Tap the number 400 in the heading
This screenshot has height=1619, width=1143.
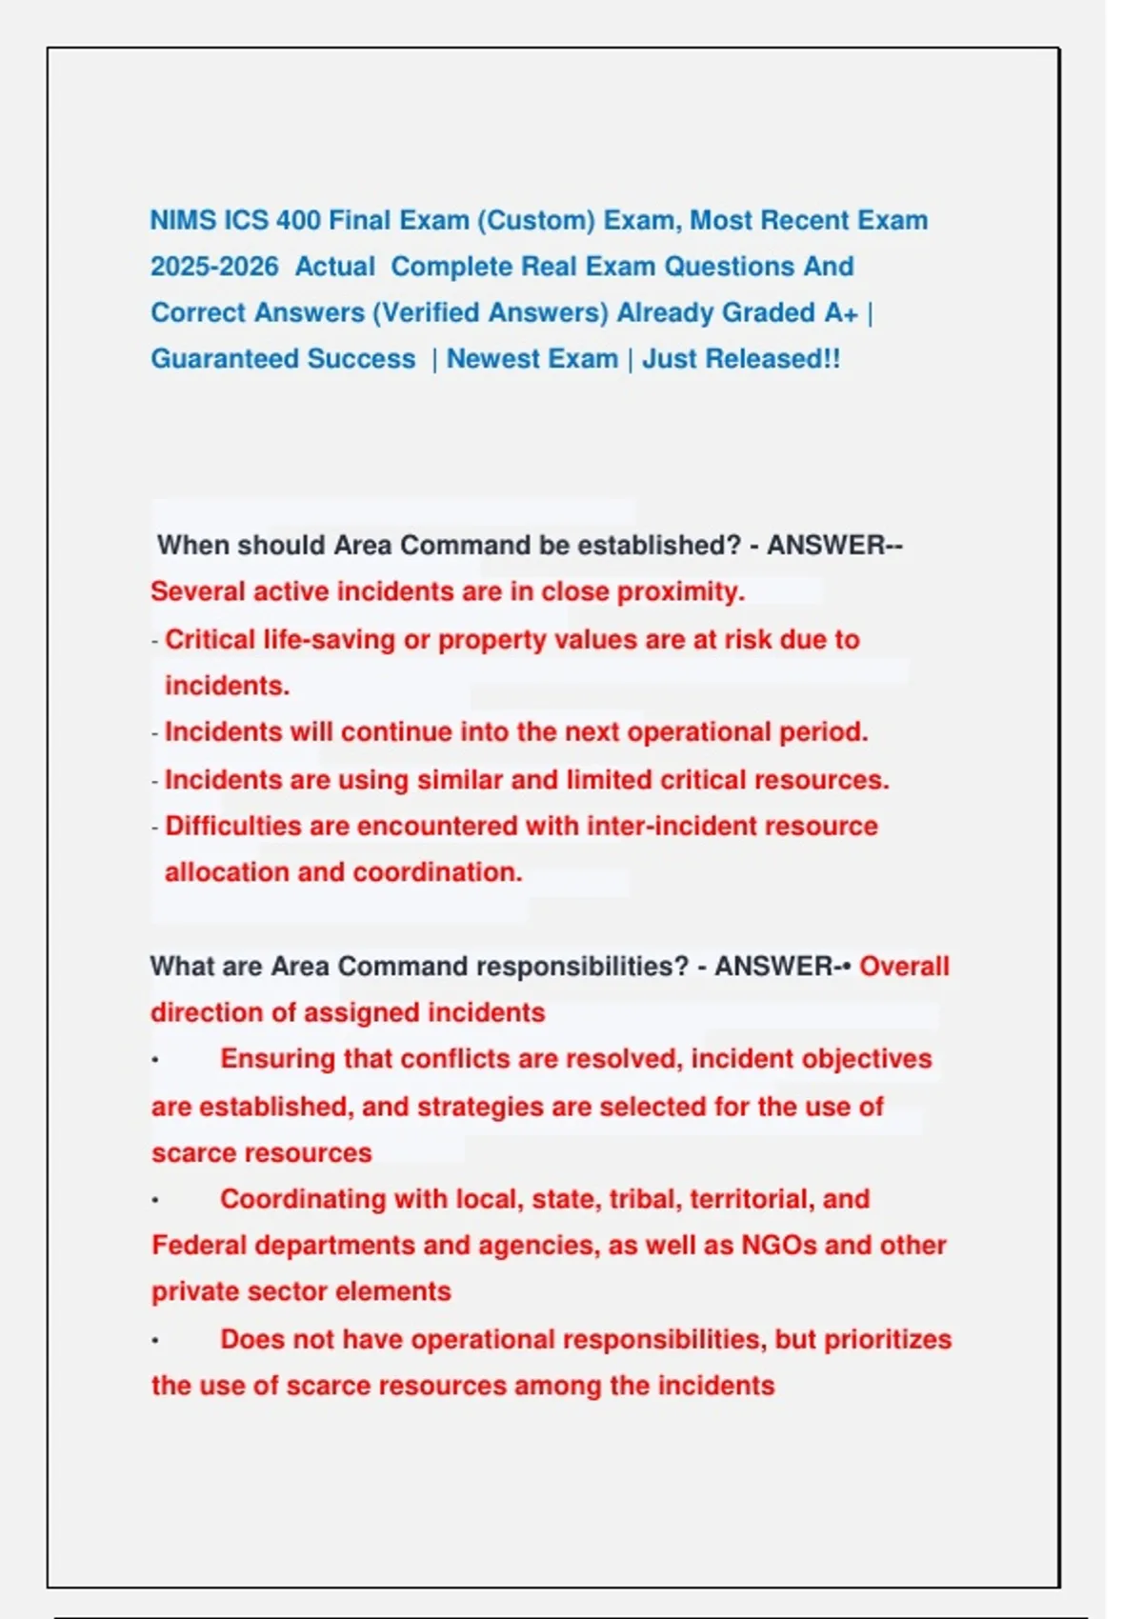(298, 221)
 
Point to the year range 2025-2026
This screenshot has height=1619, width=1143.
(214, 267)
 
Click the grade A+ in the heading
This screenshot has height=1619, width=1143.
(841, 313)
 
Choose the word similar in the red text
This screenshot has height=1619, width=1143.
(458, 780)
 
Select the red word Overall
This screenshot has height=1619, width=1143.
(904, 967)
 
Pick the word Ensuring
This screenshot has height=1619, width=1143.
(277, 1059)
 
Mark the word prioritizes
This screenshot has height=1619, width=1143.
(887, 1340)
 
